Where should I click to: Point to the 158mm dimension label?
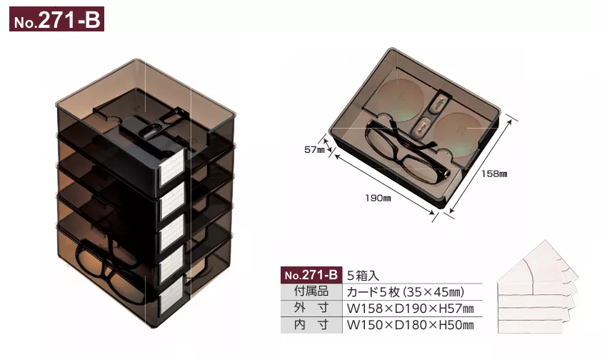(x=493, y=174)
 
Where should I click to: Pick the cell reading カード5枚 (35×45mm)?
(x=406, y=291)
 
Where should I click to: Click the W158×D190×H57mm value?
(x=410, y=309)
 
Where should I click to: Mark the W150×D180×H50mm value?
(x=410, y=326)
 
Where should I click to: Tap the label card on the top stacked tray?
(x=174, y=172)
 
